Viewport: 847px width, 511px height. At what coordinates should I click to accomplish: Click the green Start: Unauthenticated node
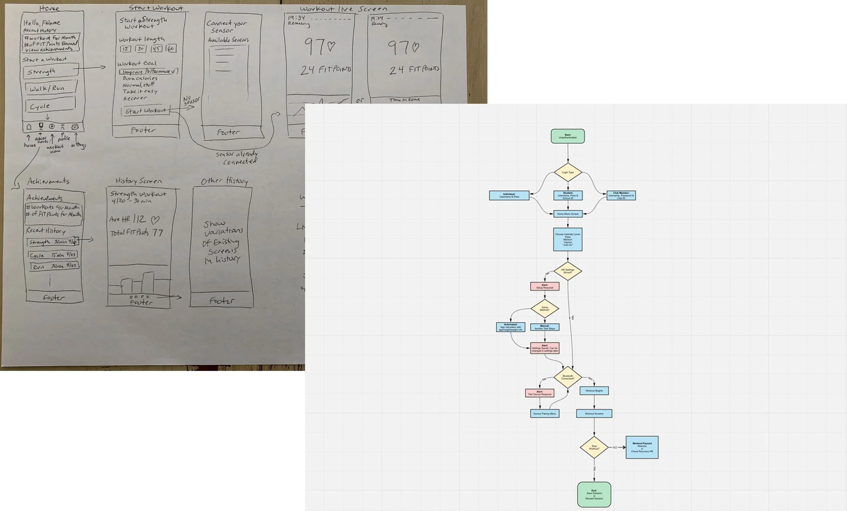[x=568, y=136]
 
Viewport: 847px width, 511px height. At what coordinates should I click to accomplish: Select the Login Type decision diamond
[x=568, y=172]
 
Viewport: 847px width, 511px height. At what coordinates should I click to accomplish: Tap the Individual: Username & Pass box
[x=509, y=196]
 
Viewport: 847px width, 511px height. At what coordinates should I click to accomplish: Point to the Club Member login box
[x=621, y=196]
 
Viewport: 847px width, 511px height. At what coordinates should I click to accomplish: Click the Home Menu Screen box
[x=568, y=214]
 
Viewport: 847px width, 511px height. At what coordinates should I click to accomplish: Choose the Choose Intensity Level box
[x=568, y=240]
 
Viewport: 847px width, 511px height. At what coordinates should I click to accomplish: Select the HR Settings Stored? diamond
[x=568, y=271]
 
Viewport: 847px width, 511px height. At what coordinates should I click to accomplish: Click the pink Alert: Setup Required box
[x=545, y=287]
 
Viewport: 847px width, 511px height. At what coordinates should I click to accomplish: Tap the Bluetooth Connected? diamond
[x=568, y=377]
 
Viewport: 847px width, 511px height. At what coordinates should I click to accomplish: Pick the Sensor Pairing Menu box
[x=545, y=413]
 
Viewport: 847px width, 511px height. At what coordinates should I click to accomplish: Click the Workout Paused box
[x=642, y=447]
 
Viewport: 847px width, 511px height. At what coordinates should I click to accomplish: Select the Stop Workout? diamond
[x=594, y=447]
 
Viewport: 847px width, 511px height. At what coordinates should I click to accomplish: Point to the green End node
[x=594, y=494]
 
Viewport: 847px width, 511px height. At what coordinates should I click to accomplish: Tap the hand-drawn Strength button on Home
[x=50, y=71]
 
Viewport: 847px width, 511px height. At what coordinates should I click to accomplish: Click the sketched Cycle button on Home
[x=50, y=106]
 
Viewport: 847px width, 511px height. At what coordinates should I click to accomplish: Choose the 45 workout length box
[x=157, y=49]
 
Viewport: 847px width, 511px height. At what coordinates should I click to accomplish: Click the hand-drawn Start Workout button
[x=145, y=111]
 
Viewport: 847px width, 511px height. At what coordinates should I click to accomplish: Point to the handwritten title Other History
[x=225, y=181]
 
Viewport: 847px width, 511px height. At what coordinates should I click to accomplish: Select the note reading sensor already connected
[x=237, y=158]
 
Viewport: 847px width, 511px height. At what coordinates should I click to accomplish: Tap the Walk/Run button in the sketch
[x=50, y=88]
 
